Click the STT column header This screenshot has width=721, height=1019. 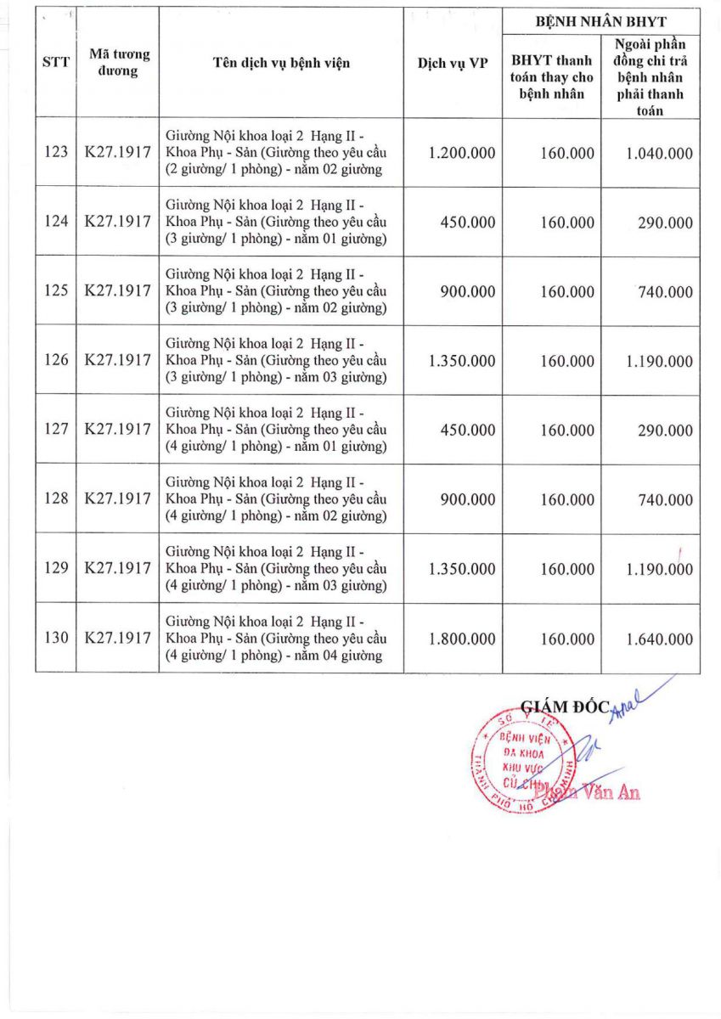[x=56, y=62]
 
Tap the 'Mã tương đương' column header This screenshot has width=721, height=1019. [x=119, y=62]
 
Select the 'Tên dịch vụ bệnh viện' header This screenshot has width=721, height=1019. [x=281, y=62]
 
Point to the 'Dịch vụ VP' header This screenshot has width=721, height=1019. [x=453, y=62]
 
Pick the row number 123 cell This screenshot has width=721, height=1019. [x=56, y=153]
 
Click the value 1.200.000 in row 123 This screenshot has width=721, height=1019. [x=462, y=153]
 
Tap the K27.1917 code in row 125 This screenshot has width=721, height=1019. [x=117, y=290]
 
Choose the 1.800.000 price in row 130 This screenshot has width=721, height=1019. [x=462, y=639]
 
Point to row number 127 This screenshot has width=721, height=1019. [x=56, y=429]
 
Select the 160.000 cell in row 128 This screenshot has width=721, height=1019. [x=567, y=499]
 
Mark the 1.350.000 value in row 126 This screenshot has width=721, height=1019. [x=462, y=360]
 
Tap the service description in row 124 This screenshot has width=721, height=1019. [x=276, y=222]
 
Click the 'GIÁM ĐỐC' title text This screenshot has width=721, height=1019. [x=565, y=705]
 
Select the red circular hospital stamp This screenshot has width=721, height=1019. [x=521, y=759]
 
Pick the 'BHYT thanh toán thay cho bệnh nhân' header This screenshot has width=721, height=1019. [x=552, y=76]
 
